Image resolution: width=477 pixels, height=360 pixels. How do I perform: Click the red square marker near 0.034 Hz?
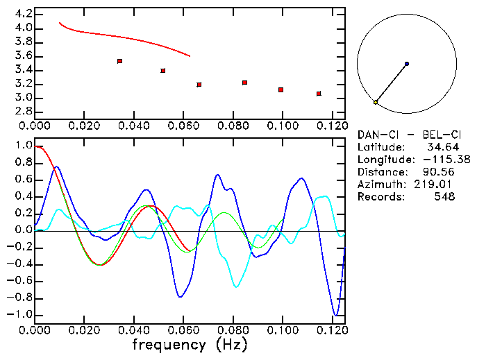[x=120, y=61]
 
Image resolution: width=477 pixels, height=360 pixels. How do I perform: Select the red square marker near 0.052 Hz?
[x=163, y=71]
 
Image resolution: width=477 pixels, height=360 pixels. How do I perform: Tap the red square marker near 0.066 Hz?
[x=199, y=85]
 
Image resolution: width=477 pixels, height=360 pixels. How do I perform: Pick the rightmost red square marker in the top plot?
[x=319, y=94]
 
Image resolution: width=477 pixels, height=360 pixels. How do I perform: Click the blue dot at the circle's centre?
[x=407, y=64]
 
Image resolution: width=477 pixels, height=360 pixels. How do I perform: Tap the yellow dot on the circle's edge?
[x=376, y=103]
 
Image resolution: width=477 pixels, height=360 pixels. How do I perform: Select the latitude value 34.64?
[x=442, y=147]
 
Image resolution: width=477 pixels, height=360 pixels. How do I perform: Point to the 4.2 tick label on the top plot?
[x=23, y=14]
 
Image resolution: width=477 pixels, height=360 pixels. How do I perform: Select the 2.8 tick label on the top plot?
[x=23, y=112]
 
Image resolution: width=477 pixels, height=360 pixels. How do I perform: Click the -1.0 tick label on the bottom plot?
[x=20, y=314]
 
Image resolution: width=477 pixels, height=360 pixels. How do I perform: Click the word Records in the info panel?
[x=379, y=197]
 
